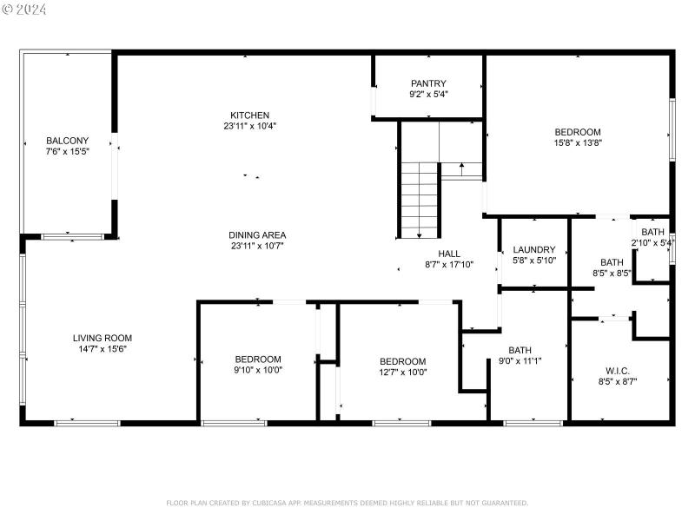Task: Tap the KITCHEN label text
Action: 249,115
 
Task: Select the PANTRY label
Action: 428,83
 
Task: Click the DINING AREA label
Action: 257,235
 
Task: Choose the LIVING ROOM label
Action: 102,338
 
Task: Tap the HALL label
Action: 449,254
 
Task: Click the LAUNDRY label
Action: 533,250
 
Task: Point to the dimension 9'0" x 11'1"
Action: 520,361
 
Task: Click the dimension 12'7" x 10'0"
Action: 402,372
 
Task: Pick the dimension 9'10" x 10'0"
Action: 258,369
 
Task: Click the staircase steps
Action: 419,200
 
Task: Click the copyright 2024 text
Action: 25,10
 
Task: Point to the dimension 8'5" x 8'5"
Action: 612,273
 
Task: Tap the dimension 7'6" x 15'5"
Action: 66,151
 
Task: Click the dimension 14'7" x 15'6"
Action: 102,348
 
